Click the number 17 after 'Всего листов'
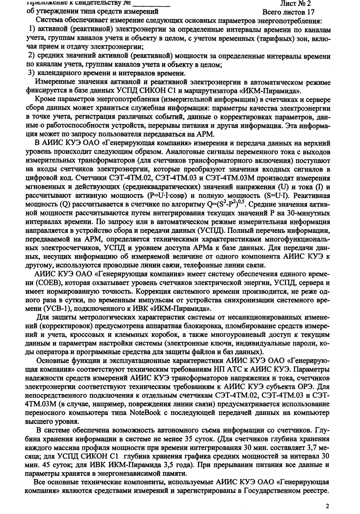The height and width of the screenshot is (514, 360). (x=310, y=12)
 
